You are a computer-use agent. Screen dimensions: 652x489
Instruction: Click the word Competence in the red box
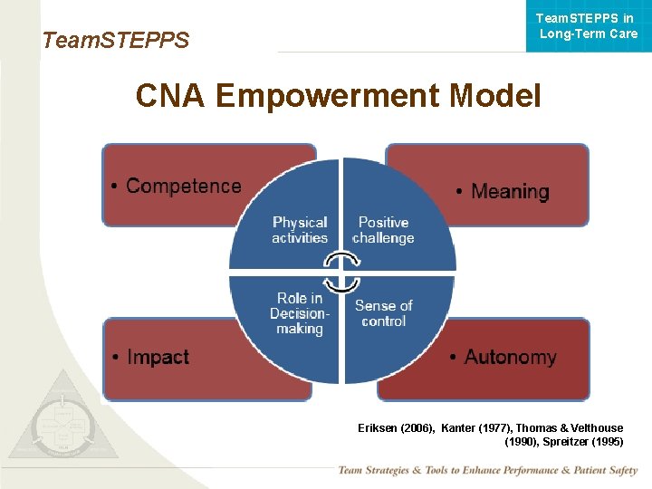click(x=184, y=187)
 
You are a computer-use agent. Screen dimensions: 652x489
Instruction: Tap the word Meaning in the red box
click(x=510, y=192)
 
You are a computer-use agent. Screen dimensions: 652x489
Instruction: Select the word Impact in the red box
click(x=158, y=358)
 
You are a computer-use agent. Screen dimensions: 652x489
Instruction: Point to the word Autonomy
click(x=510, y=358)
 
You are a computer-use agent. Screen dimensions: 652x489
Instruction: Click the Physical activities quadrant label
click(x=300, y=230)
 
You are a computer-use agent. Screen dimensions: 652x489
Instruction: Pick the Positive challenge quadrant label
click(x=383, y=230)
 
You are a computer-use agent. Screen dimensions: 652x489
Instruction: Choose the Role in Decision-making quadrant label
click(x=299, y=313)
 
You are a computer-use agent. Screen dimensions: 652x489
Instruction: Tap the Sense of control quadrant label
click(x=383, y=313)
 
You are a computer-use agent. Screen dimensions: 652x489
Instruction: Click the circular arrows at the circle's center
click(x=341, y=272)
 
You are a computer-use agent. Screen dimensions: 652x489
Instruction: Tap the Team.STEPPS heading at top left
click(x=116, y=40)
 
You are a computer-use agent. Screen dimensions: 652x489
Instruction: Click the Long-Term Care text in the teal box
click(x=589, y=34)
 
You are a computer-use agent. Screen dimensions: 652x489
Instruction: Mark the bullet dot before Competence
click(x=115, y=187)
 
